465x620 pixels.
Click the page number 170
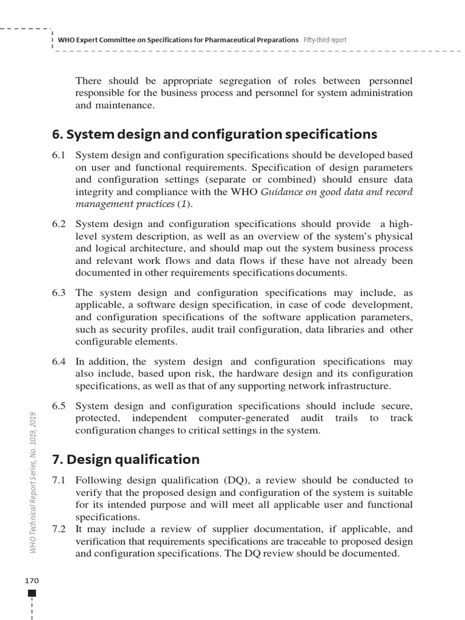click(x=31, y=581)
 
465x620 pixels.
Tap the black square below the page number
click(x=32, y=593)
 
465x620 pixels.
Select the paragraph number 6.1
click(x=59, y=155)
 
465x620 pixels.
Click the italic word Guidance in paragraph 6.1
click(x=284, y=192)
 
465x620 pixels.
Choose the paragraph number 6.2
click(x=59, y=224)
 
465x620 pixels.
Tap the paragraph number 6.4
click(x=59, y=362)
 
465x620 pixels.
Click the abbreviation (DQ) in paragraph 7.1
click(x=238, y=480)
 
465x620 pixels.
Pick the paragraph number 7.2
click(x=59, y=529)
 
